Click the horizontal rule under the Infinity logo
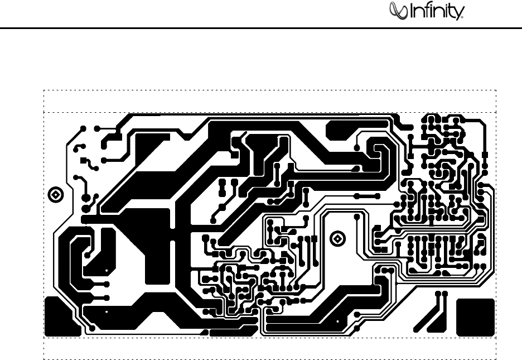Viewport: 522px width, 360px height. [x=261, y=28]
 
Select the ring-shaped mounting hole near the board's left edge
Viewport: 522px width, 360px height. [x=56, y=194]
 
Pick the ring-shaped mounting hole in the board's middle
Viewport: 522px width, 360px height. [x=337, y=238]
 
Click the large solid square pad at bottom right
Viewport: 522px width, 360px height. [x=475, y=317]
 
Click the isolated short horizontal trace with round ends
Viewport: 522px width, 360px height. [x=367, y=196]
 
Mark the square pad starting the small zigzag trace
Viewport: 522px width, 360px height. [x=83, y=160]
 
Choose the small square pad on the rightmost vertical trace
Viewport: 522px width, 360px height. [x=485, y=154]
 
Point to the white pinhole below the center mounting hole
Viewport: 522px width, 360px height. [x=337, y=322]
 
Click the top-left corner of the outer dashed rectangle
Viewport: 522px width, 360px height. [x=44, y=90]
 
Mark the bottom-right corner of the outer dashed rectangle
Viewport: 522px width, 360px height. [x=496, y=358]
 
